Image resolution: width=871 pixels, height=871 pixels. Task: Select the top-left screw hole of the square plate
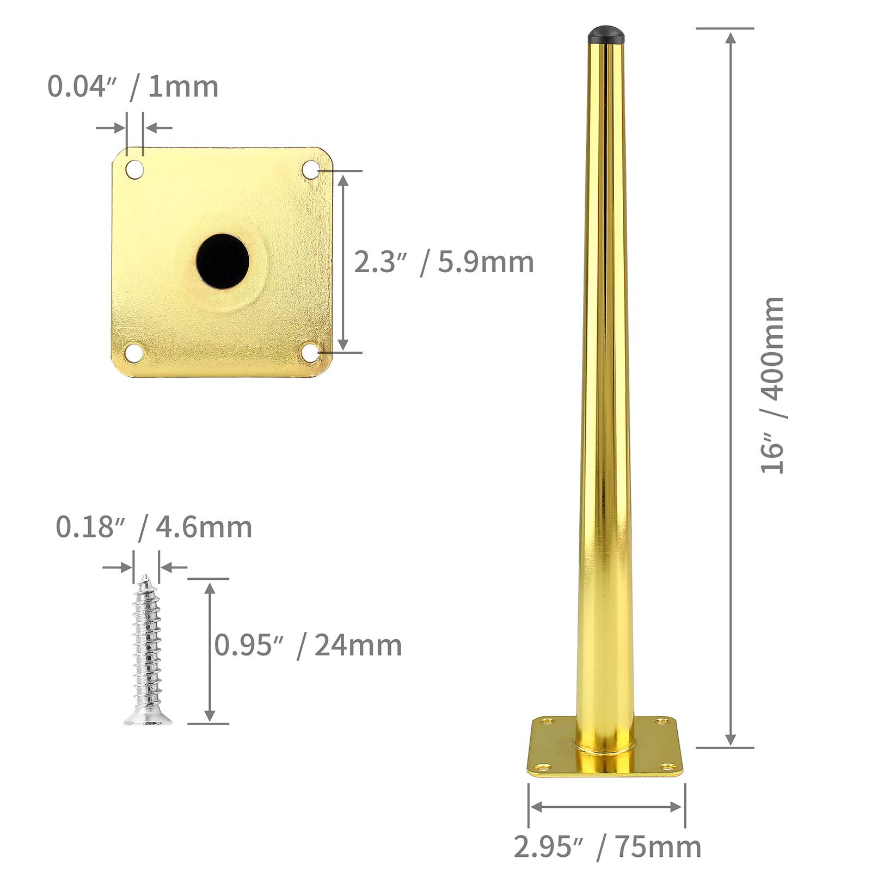(x=135, y=169)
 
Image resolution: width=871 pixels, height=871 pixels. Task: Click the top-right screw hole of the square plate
(x=311, y=169)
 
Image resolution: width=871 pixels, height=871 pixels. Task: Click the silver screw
(x=147, y=649)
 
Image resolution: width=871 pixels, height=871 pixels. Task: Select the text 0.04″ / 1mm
(x=133, y=87)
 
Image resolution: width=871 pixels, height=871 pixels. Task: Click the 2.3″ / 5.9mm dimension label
(x=444, y=262)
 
